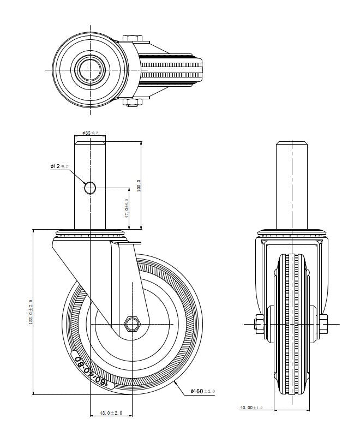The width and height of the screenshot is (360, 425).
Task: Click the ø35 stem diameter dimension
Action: (x=90, y=133)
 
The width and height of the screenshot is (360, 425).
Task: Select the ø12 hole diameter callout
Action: (x=59, y=166)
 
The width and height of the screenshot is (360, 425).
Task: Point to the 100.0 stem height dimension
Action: (x=139, y=185)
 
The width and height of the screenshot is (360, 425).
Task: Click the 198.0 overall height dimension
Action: (x=32, y=311)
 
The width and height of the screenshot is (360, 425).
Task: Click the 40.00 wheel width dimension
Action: (x=252, y=408)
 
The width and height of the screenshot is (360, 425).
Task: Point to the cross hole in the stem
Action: (x=90, y=188)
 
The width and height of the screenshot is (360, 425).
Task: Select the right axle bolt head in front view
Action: (x=323, y=324)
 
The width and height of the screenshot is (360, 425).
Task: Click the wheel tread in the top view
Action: (x=172, y=70)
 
